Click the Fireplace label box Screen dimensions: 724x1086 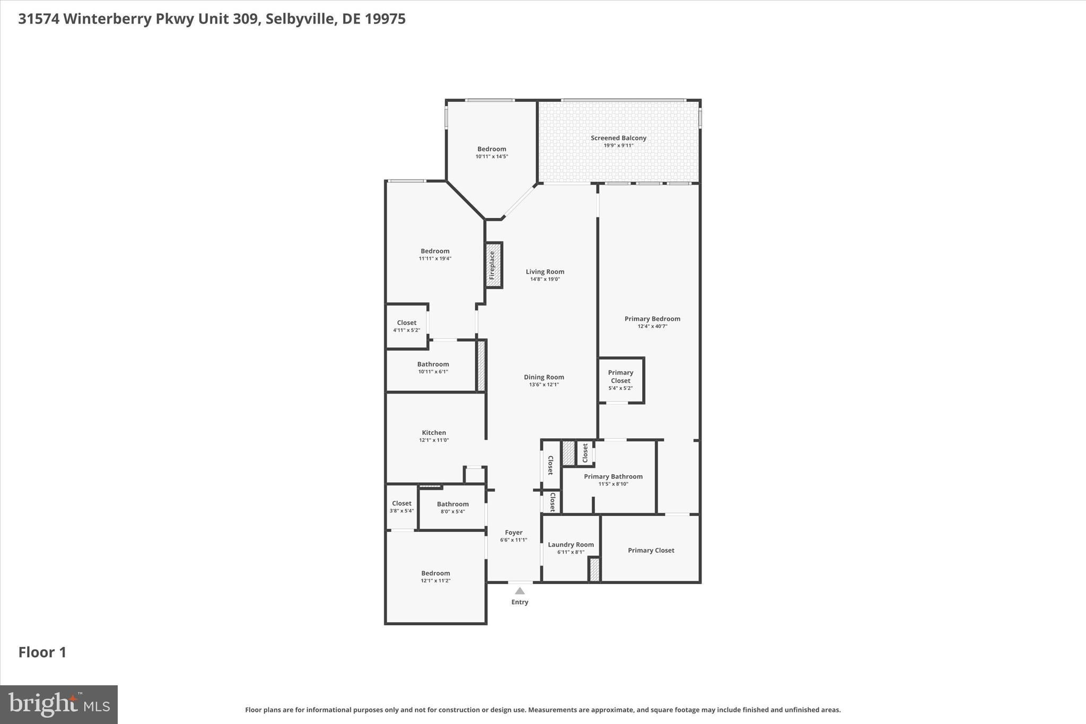point(494,265)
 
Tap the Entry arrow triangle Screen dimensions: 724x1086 point(520,591)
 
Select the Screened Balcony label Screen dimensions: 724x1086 point(618,138)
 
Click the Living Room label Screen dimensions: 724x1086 point(545,272)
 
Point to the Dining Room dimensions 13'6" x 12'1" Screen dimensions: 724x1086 point(544,385)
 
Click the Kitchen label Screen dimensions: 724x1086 point(434,432)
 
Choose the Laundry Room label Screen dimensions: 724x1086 point(571,544)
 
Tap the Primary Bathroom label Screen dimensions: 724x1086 point(613,476)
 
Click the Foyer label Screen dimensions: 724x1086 point(513,532)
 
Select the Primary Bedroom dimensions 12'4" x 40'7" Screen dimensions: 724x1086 point(652,327)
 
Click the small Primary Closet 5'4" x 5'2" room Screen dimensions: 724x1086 point(621,380)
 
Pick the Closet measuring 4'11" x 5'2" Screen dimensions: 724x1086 point(407,326)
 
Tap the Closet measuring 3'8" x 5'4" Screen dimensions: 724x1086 point(401,507)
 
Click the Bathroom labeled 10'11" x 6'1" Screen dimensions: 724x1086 point(433,367)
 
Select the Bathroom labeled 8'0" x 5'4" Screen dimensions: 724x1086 point(452,507)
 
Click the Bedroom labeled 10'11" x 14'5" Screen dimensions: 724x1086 point(492,152)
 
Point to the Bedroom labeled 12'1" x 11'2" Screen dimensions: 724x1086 point(435,576)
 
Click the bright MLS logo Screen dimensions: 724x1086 point(59,704)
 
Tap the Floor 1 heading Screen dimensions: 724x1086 point(42,652)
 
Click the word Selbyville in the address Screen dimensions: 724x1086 point(301,19)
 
